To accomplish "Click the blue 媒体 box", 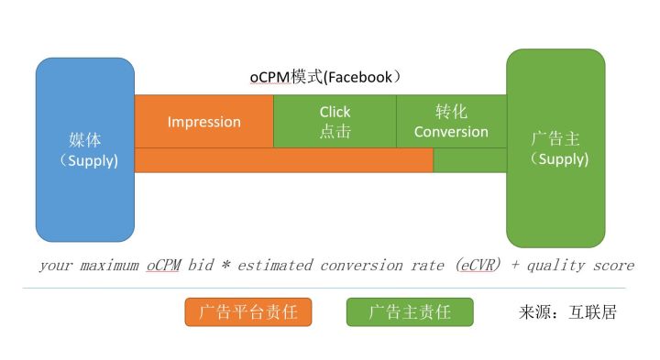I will [x=84, y=149].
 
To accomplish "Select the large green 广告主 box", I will [x=555, y=147].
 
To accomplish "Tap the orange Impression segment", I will [x=203, y=121].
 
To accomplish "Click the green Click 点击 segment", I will [x=335, y=121].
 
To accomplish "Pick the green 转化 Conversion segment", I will [x=451, y=121].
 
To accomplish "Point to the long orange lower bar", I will [x=283, y=160].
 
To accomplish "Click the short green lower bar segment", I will [x=469, y=160].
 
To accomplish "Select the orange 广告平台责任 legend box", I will [x=247, y=311].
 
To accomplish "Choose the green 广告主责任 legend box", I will [x=410, y=311].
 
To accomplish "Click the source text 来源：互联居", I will [x=567, y=311].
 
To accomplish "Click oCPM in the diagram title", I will [x=269, y=78].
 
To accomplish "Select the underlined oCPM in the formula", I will [x=163, y=266].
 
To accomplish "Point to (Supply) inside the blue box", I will [x=88, y=161].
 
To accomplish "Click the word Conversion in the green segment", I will [x=451, y=132].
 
